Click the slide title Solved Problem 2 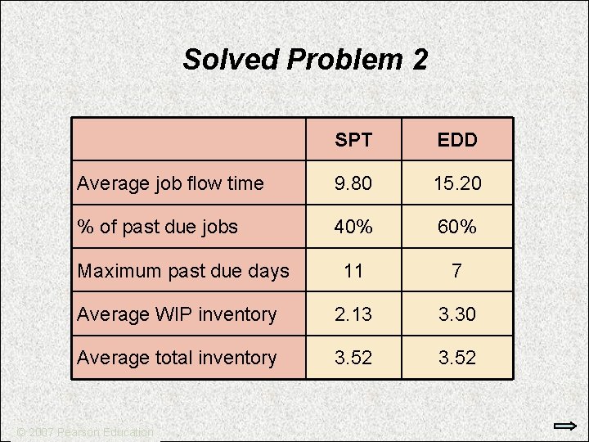tap(304, 60)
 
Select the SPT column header tap(353, 140)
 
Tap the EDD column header tap(456, 140)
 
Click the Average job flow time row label tap(170, 183)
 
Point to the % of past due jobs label tap(157, 227)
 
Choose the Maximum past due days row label tap(183, 271)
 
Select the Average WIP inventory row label tap(177, 314)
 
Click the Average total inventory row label tap(177, 358)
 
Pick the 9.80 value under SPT tap(353, 183)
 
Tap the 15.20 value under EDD tap(456, 183)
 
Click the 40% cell tap(353, 227)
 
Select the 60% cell tap(456, 227)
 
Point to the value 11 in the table tap(353, 271)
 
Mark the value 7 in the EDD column tap(456, 271)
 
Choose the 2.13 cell tap(353, 314)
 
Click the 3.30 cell tap(456, 314)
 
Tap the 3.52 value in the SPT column tap(353, 358)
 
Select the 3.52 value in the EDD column tap(456, 358)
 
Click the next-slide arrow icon tap(564, 426)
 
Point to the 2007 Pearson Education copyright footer tap(86, 431)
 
